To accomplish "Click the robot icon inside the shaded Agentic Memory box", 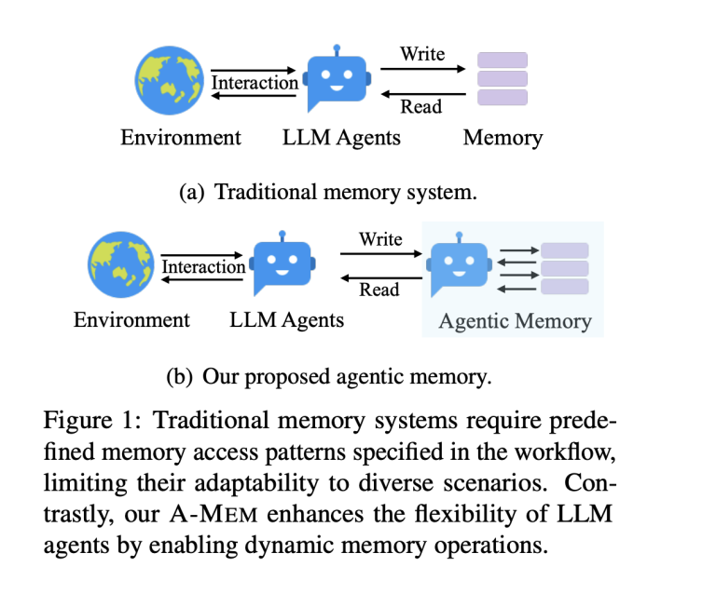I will click(459, 264).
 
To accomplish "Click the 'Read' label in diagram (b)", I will click(379, 290).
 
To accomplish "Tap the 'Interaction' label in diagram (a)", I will click(255, 83).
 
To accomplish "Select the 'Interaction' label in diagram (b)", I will click(204, 267).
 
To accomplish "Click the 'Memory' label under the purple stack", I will click(503, 138).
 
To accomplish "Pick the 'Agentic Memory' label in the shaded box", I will click(515, 321).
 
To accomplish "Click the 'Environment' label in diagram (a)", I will click(181, 138).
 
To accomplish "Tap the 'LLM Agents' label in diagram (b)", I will click(286, 320).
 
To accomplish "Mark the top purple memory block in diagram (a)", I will click(503, 61).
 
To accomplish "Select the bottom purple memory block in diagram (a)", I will click(503, 97).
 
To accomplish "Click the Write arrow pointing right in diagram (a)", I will click(422, 69).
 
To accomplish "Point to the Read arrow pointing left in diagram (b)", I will click(379, 276).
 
